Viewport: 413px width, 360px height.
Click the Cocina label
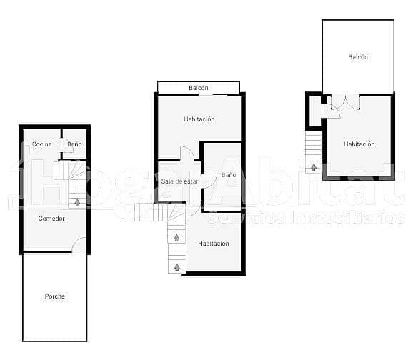pyautogui.click(x=41, y=144)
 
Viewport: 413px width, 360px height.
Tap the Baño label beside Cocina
pyautogui.click(x=74, y=144)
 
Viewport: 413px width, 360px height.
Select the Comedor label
pyautogui.click(x=51, y=219)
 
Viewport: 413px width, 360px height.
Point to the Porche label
pyautogui.click(x=54, y=296)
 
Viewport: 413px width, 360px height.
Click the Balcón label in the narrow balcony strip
pyautogui.click(x=199, y=88)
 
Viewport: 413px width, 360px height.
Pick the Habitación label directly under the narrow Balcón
pyautogui.click(x=199, y=119)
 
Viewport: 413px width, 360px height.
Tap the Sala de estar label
pyautogui.click(x=179, y=181)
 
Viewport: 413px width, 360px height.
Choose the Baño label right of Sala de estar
pyautogui.click(x=229, y=175)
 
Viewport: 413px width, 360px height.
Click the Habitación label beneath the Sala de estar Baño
pyautogui.click(x=214, y=244)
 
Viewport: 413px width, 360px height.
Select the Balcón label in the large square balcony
pyautogui.click(x=358, y=57)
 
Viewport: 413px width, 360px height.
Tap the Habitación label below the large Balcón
pyautogui.click(x=359, y=144)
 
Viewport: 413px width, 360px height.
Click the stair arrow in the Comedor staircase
pyautogui.click(x=77, y=202)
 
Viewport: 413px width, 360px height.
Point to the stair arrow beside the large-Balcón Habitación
pyautogui.click(x=313, y=167)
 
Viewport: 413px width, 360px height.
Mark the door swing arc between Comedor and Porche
pyautogui.click(x=79, y=244)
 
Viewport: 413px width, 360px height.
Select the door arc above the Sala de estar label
pyautogui.click(x=187, y=154)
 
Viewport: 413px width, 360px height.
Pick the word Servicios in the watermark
pyautogui.click(x=254, y=217)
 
